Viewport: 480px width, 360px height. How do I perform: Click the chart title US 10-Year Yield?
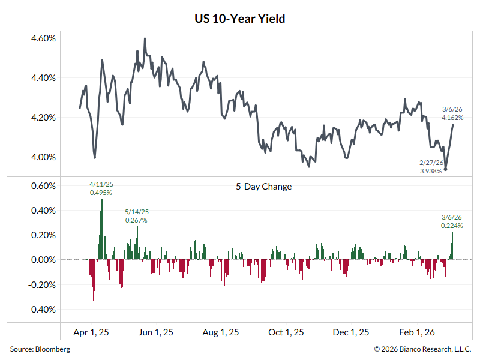coord(240,19)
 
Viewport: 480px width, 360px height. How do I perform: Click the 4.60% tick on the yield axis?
coord(43,38)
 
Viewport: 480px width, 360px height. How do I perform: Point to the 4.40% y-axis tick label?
coord(43,78)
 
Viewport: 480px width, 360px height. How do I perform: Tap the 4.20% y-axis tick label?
coord(43,118)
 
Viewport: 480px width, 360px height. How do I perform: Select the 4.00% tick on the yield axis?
coord(43,157)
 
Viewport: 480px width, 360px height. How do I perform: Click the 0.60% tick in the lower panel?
coord(43,186)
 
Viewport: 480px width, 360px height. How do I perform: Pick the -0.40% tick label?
coord(42,310)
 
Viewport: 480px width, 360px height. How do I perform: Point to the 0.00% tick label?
coord(43,260)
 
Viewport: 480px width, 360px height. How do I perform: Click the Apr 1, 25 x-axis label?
coord(91,332)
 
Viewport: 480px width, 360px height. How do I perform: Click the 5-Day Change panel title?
coord(264,187)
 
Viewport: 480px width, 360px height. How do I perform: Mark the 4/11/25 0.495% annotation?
coord(101,188)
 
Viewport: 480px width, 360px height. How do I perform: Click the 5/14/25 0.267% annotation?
coord(136,216)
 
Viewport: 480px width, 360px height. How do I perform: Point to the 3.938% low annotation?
coord(431,171)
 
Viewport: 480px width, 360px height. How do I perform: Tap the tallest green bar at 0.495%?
coord(101,229)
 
